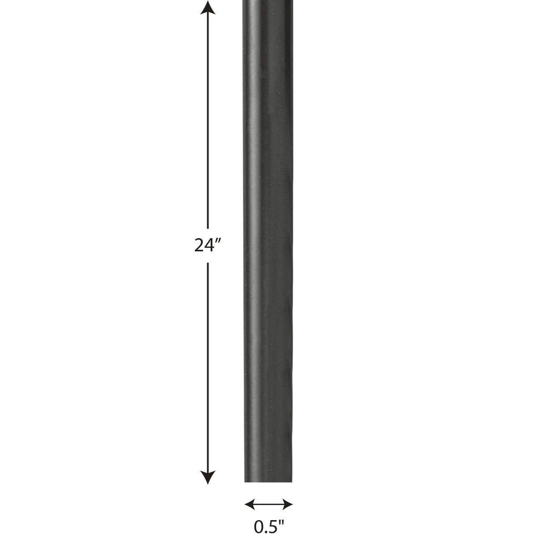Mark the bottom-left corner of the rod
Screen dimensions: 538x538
pos(245,482)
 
